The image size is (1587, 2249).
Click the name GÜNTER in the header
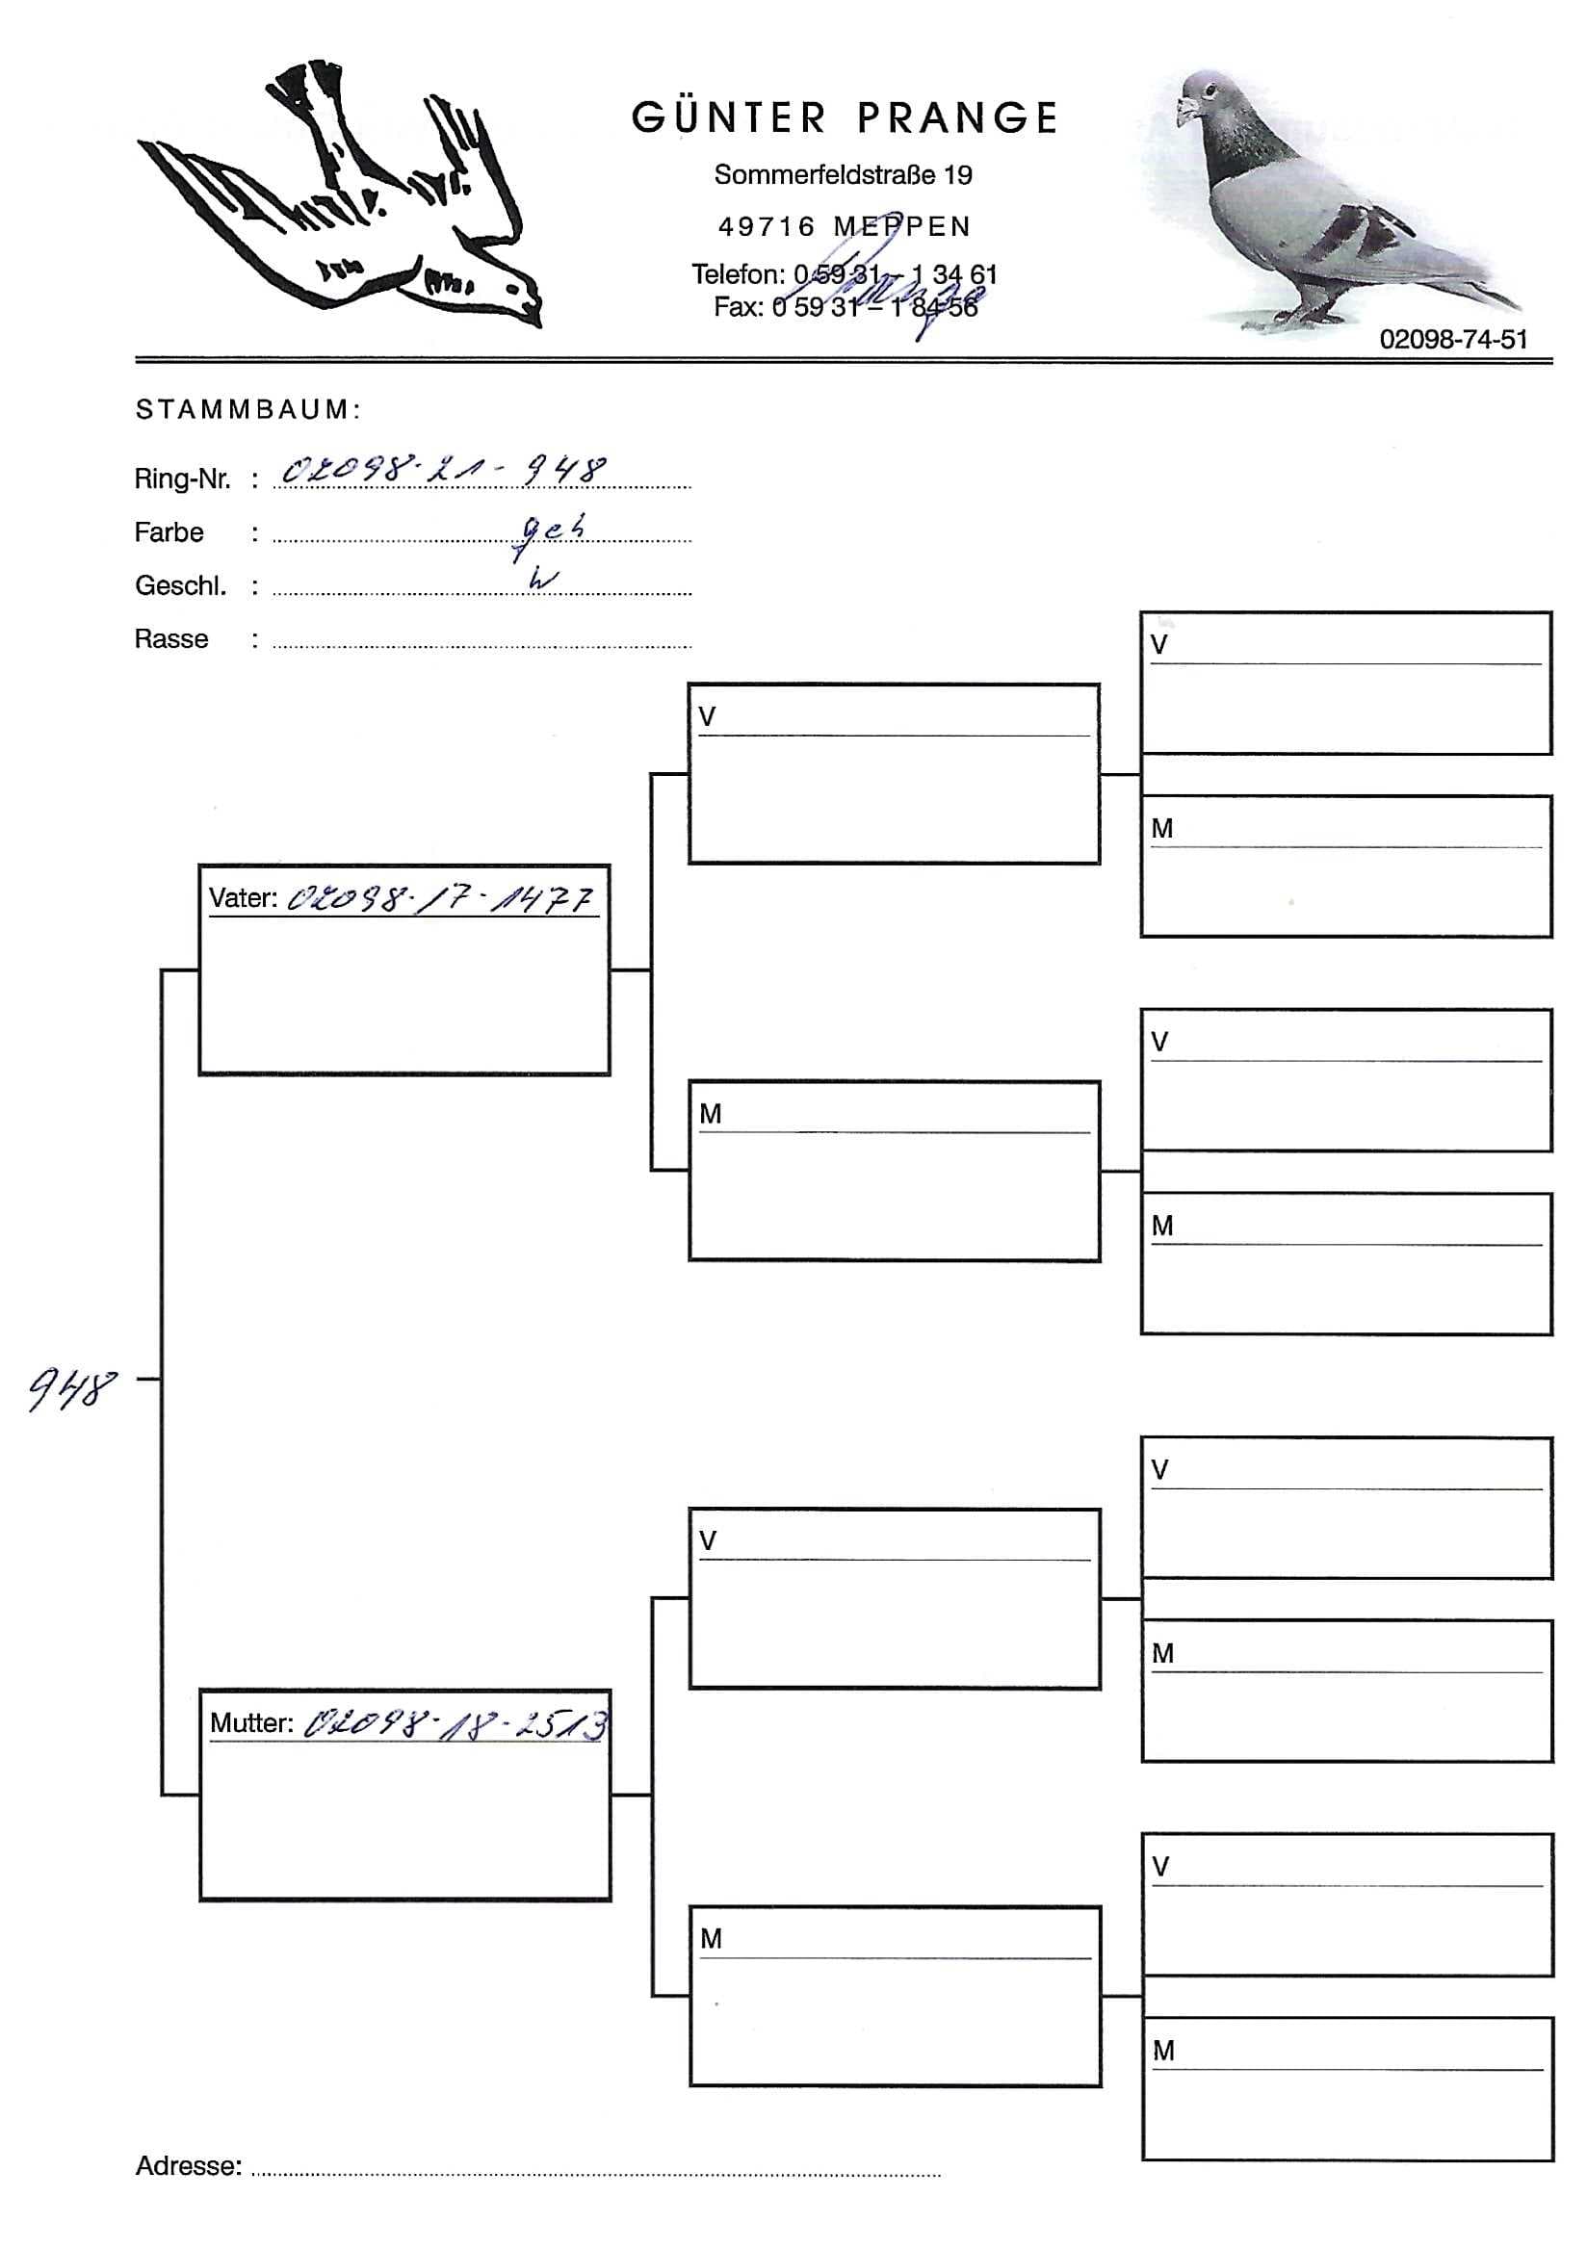[729, 118]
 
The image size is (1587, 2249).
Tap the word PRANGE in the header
[958, 118]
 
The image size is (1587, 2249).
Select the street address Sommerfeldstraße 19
[843, 175]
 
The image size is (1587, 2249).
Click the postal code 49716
[767, 227]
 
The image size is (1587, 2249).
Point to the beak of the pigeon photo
[1184, 107]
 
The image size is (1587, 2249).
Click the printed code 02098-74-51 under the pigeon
[1453, 339]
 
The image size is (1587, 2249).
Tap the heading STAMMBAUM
[247, 409]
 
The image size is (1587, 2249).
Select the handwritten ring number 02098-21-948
[443, 471]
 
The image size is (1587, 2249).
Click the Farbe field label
[169, 532]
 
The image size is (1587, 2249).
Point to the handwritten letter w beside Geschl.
[542, 579]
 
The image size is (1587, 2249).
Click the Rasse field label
[171, 639]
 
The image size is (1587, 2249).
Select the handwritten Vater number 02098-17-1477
[441, 898]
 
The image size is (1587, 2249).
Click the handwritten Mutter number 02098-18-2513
[455, 1725]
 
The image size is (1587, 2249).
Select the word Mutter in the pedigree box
[250, 1724]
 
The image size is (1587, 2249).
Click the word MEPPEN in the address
[901, 227]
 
